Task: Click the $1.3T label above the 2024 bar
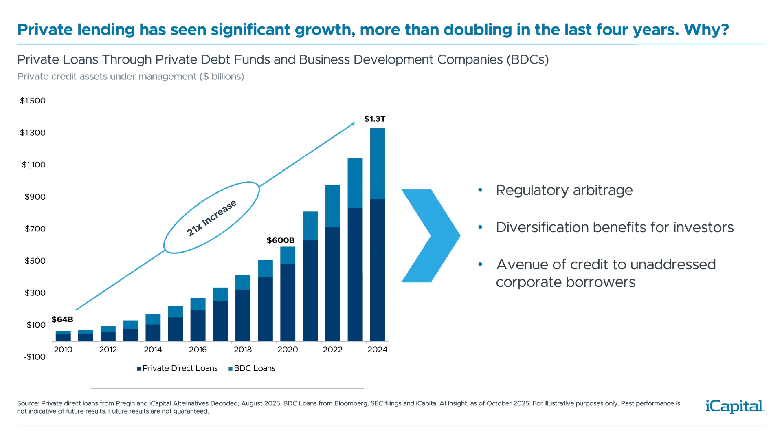tap(374, 119)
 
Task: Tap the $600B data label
tap(280, 240)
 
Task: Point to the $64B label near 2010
tap(62, 319)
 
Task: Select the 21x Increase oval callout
tap(211, 218)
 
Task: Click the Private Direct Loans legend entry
tap(178, 368)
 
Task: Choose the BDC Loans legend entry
tap(252, 368)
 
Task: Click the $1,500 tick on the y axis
tap(33, 101)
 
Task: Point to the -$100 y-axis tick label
tap(35, 357)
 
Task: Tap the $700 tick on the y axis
tap(35, 229)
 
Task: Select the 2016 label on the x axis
tap(198, 350)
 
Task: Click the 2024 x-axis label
tap(377, 350)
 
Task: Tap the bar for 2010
tap(63, 337)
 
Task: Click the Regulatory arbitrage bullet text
tap(564, 190)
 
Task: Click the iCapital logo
tap(734, 407)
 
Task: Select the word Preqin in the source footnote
tap(125, 403)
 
